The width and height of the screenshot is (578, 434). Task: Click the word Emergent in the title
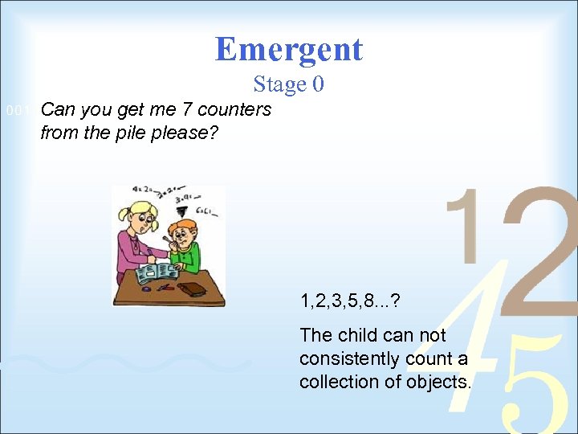coord(289,50)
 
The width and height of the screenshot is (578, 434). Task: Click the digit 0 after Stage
coord(318,84)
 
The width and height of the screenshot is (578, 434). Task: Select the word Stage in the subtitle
coord(280,84)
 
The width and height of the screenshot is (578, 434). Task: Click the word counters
coord(234,109)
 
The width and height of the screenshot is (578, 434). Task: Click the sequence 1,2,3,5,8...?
coord(350,302)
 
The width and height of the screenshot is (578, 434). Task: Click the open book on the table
coord(157,274)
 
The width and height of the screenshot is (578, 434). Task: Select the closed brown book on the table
coord(193,289)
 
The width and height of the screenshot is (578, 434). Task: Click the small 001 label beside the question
coord(17,111)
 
